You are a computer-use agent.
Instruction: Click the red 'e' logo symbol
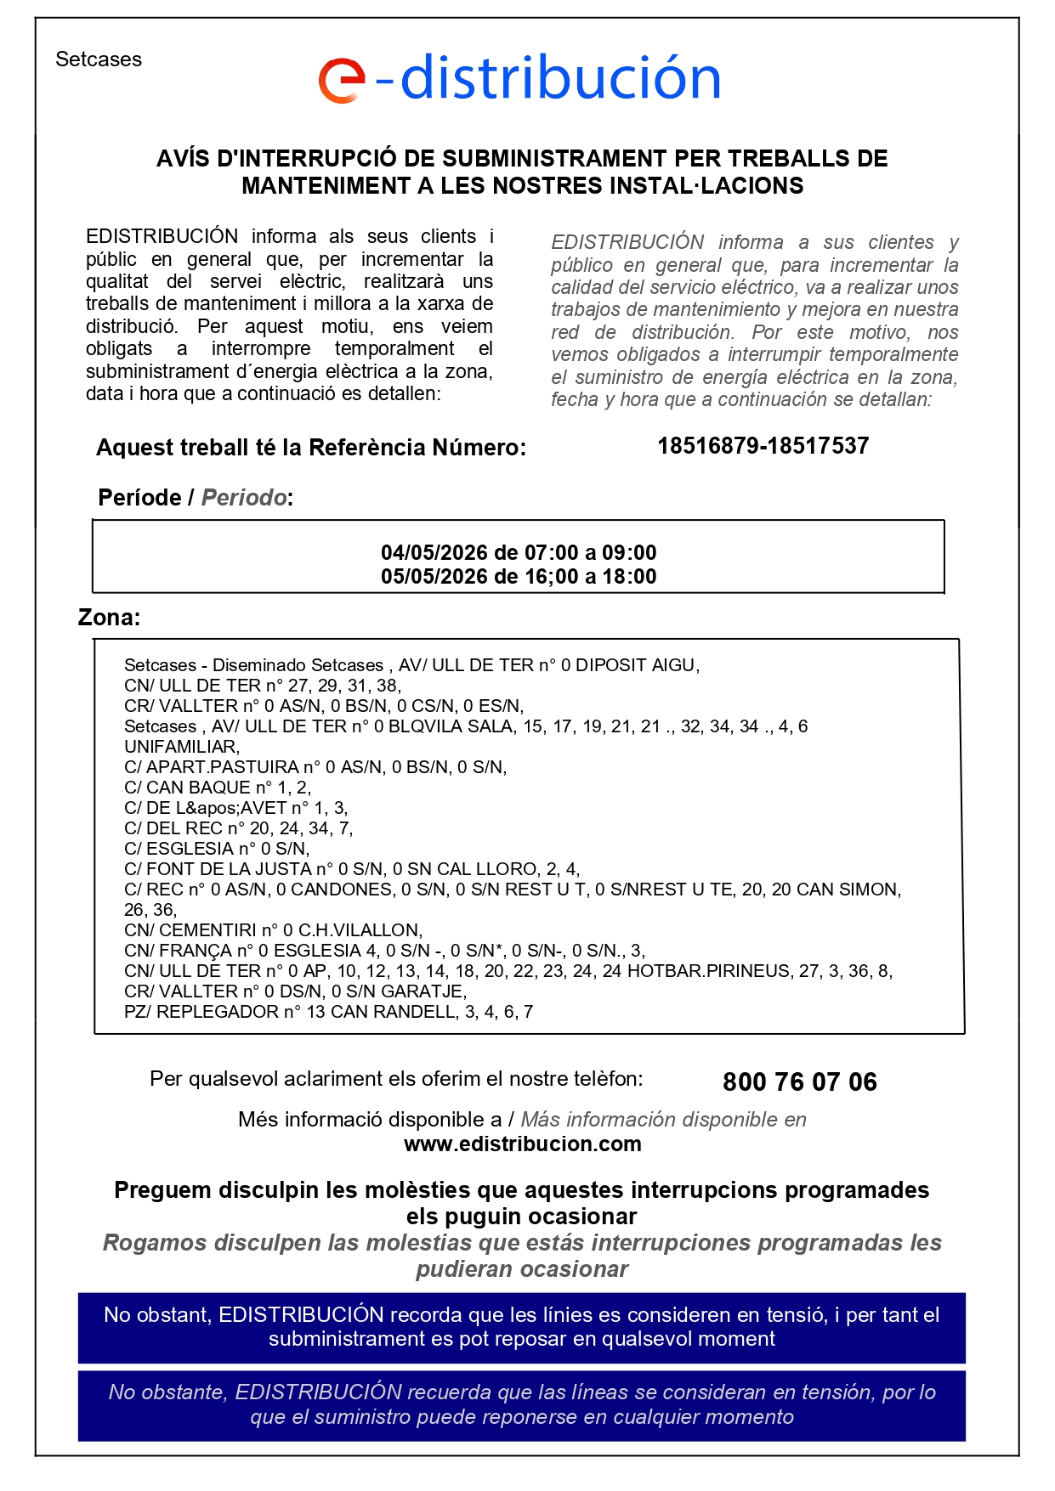(x=342, y=81)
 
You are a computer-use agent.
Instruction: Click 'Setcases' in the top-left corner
(x=99, y=59)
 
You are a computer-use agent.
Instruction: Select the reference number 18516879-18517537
(x=763, y=446)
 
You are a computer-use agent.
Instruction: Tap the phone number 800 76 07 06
(x=799, y=1082)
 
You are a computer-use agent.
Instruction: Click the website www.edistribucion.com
(x=522, y=1144)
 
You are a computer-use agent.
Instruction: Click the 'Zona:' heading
(x=109, y=618)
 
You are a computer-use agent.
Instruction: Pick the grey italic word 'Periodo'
(x=243, y=498)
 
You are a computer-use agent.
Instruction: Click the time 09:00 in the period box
(x=629, y=552)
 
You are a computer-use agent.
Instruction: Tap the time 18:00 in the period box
(x=629, y=576)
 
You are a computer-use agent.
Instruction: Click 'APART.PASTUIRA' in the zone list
(x=223, y=767)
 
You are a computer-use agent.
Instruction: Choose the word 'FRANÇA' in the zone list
(x=196, y=951)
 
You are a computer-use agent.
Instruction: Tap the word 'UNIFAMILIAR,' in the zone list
(x=182, y=747)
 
